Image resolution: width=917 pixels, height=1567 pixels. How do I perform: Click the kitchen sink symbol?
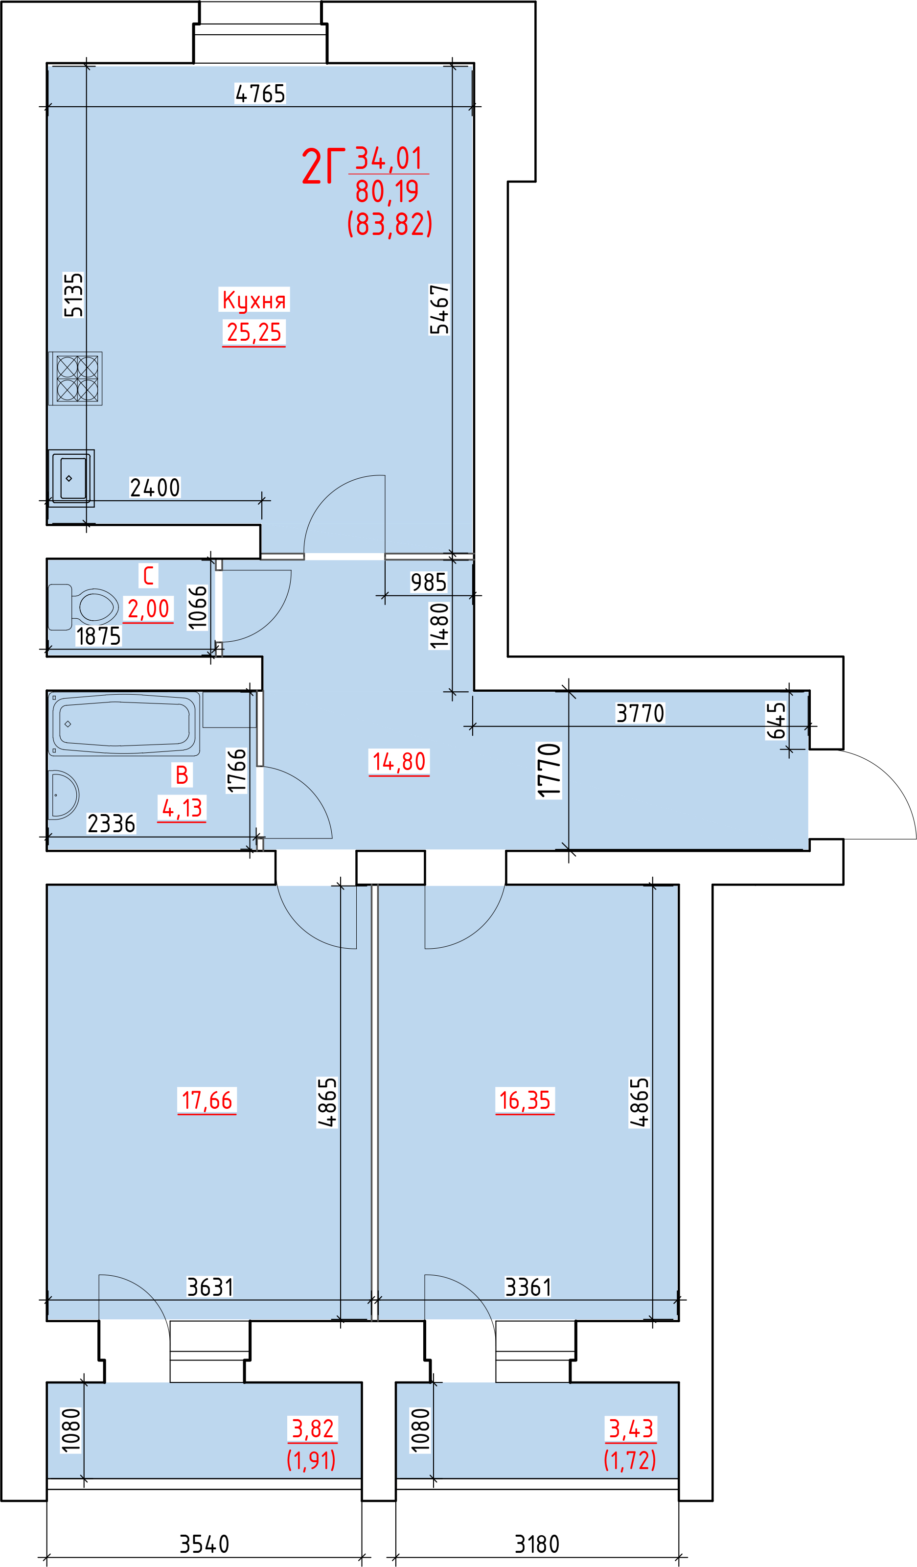point(71,478)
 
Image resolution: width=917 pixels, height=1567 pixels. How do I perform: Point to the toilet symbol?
point(83,607)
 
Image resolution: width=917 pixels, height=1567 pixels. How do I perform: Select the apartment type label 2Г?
point(322,166)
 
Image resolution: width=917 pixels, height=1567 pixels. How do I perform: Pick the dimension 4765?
point(260,94)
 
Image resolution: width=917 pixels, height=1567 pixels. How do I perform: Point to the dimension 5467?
point(439,309)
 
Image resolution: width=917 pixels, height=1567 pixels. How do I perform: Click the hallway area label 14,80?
point(399,762)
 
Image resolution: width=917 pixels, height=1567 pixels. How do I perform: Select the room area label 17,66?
point(207,1100)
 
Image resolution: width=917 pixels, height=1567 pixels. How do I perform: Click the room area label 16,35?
point(525,1100)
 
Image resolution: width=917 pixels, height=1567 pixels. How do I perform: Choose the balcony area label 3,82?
point(313,1428)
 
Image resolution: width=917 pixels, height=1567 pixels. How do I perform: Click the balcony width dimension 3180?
point(537,1544)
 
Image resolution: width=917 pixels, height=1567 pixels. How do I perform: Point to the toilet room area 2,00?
point(148,609)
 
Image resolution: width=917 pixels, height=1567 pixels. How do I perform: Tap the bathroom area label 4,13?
point(182,808)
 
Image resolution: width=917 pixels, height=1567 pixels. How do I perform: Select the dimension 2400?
point(155,488)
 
